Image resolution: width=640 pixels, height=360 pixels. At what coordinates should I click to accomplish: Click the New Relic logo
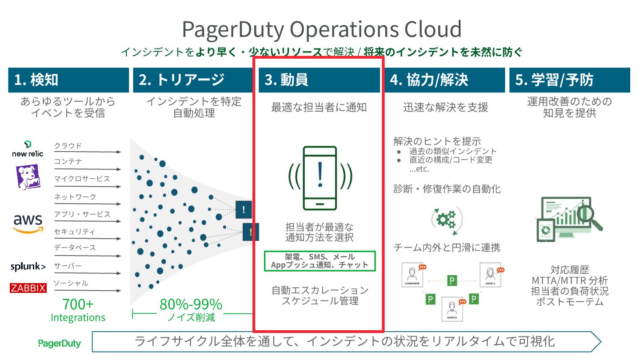(28, 149)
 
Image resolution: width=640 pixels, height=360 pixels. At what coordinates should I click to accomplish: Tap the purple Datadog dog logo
(28, 176)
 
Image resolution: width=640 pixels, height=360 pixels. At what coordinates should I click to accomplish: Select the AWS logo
(28, 223)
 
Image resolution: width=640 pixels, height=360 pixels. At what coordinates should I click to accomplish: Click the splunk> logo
(28, 267)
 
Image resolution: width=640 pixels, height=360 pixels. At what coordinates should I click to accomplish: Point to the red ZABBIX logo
(28, 288)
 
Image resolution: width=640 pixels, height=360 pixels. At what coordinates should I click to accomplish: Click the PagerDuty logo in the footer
(60, 343)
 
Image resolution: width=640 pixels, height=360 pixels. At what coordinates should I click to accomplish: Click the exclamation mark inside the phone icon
(320, 175)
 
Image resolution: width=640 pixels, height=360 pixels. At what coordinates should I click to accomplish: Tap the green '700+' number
(78, 304)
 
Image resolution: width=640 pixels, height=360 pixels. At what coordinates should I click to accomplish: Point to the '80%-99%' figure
(191, 304)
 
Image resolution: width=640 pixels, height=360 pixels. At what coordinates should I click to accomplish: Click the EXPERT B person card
(452, 309)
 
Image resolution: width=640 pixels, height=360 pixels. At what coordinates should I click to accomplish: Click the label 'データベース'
(75, 248)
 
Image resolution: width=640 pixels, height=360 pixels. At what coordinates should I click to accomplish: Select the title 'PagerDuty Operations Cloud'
(322, 29)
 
